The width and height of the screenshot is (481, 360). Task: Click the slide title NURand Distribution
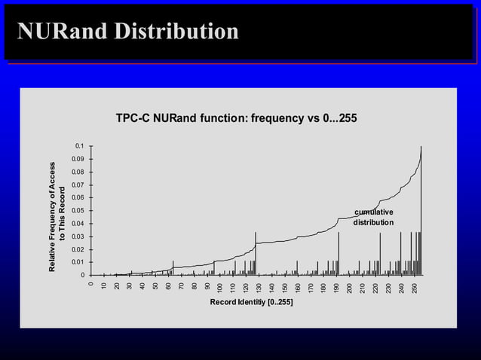click(128, 32)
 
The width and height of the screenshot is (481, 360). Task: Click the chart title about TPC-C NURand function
click(236, 118)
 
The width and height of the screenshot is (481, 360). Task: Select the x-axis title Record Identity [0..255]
click(253, 303)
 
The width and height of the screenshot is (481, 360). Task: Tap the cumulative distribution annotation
click(373, 217)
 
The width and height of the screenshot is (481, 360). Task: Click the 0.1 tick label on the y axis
click(79, 145)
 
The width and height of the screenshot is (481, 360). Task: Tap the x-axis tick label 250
click(414, 288)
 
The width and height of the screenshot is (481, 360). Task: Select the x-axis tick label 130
click(259, 288)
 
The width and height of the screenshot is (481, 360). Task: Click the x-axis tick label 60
click(168, 286)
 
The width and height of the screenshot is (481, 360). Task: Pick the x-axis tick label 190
click(336, 288)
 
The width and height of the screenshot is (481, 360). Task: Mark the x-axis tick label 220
click(375, 288)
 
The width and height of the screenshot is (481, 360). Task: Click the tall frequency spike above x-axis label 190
click(339, 252)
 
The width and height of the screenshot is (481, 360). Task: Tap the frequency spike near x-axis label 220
click(380, 253)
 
